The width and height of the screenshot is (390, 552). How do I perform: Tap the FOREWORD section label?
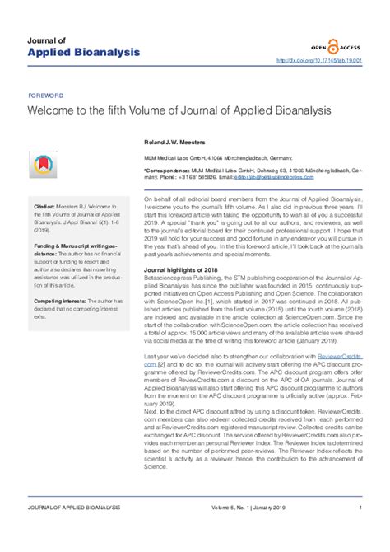tap(44, 96)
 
